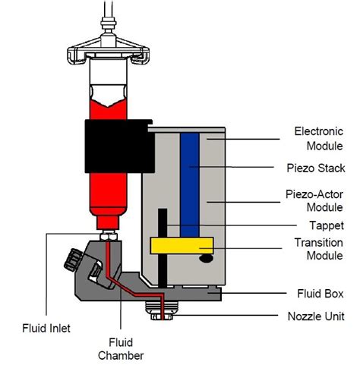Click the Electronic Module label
[319, 139]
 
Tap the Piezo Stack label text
[316, 168]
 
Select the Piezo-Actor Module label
[314, 201]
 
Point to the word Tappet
[327, 225]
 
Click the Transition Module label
[319, 249]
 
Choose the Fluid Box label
[321, 294]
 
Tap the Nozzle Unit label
[316, 316]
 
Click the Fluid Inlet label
[46, 329]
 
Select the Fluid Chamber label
[121, 349]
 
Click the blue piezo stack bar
[190, 184]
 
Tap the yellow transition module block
[182, 246]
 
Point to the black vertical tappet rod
[163, 248]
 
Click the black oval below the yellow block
[206, 259]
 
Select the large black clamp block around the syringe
[119, 146]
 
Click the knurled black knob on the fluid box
[73, 260]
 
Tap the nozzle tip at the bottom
[162, 316]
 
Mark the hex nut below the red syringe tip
[109, 237]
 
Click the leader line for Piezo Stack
[232, 167]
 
